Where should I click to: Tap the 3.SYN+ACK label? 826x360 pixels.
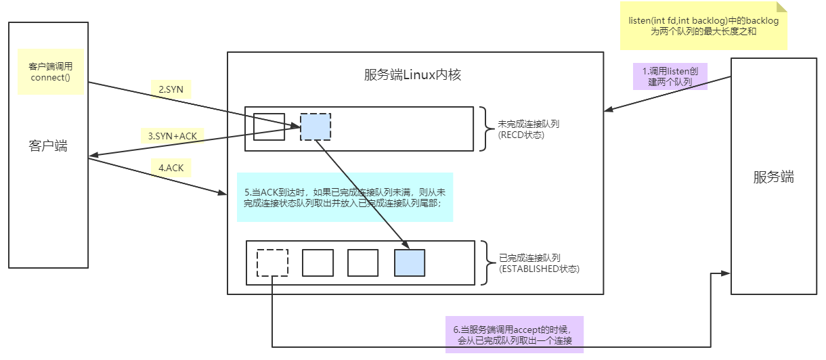tap(173, 136)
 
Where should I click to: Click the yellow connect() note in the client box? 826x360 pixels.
tap(51, 72)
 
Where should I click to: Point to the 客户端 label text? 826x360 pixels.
tap(48, 145)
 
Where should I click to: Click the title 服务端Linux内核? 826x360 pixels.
tap(412, 74)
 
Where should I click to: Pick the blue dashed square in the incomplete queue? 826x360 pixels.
tap(316, 127)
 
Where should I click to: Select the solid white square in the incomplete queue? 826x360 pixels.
tap(269, 127)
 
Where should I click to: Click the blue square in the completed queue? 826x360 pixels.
tap(410, 263)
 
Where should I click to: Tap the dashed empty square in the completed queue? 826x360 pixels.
tap(272, 263)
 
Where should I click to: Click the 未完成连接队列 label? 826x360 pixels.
tap(529, 125)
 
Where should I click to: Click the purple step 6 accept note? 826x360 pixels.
tap(514, 334)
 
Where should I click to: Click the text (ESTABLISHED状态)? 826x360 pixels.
tap(539, 269)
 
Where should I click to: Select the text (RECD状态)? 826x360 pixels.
tap(521, 135)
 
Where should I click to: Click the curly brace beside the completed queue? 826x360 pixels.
tap(485, 263)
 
